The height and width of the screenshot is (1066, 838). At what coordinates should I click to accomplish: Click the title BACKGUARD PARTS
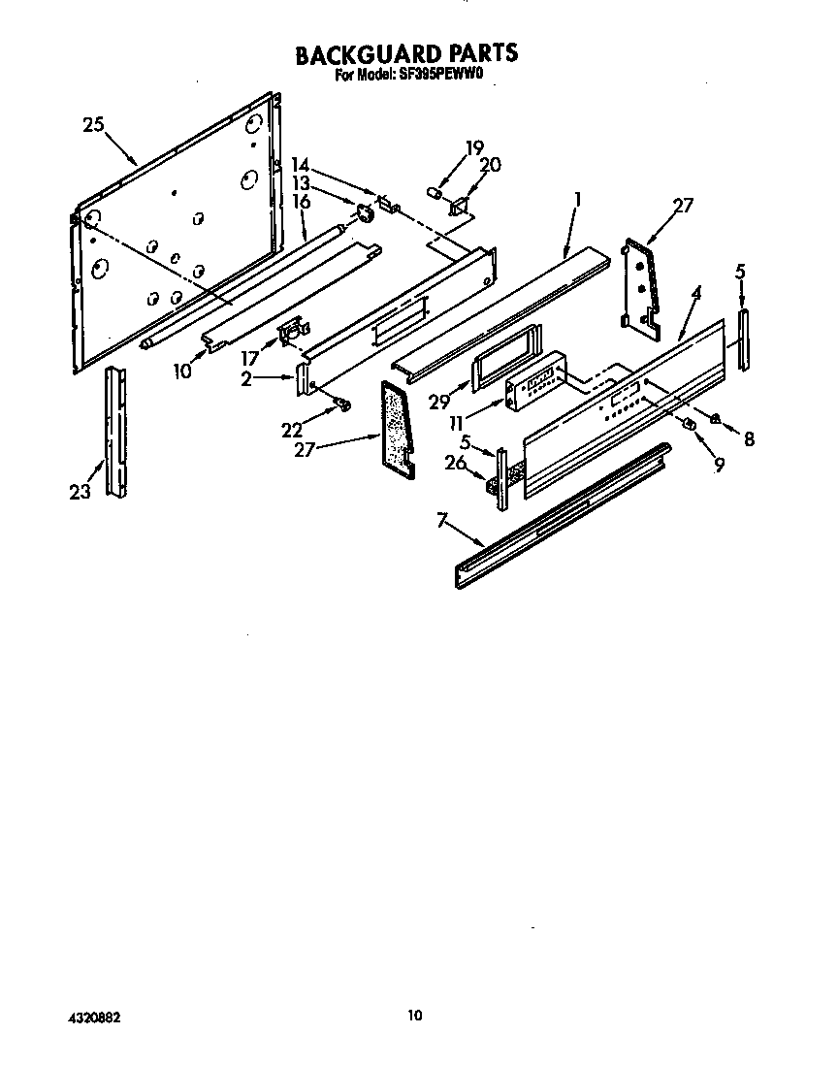406,53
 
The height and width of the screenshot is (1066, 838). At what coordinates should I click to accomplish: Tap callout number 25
93,124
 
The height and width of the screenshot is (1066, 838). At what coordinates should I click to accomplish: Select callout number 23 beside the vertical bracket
81,492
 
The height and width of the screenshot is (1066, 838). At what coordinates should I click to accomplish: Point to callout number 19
473,148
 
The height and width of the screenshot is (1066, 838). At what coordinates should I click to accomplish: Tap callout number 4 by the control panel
696,290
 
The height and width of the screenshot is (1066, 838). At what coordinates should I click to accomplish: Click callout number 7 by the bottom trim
444,522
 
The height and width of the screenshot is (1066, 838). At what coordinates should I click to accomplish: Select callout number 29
439,402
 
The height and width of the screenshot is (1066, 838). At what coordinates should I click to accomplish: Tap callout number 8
748,439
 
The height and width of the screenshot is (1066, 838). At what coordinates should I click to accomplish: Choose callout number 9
719,465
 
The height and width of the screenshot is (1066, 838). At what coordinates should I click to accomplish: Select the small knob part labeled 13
367,213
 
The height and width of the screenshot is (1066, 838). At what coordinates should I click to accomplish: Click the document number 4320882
94,1018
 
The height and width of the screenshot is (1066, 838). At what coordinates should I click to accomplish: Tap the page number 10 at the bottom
415,1016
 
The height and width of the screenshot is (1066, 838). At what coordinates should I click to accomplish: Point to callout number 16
301,202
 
